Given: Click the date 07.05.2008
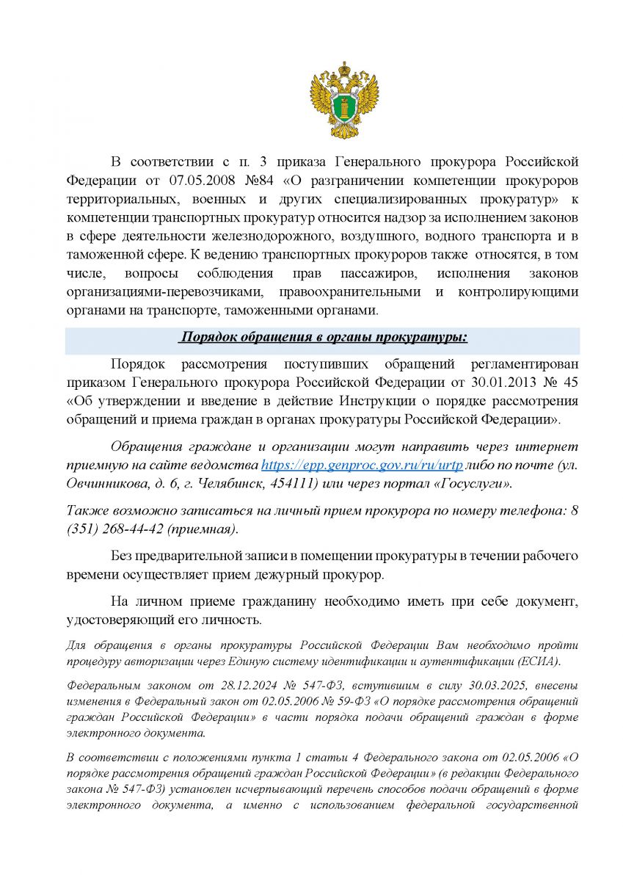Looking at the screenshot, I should click(x=186, y=181).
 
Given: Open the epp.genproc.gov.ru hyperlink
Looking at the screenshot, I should click(x=362, y=465).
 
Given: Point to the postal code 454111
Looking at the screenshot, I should click(x=290, y=484).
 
